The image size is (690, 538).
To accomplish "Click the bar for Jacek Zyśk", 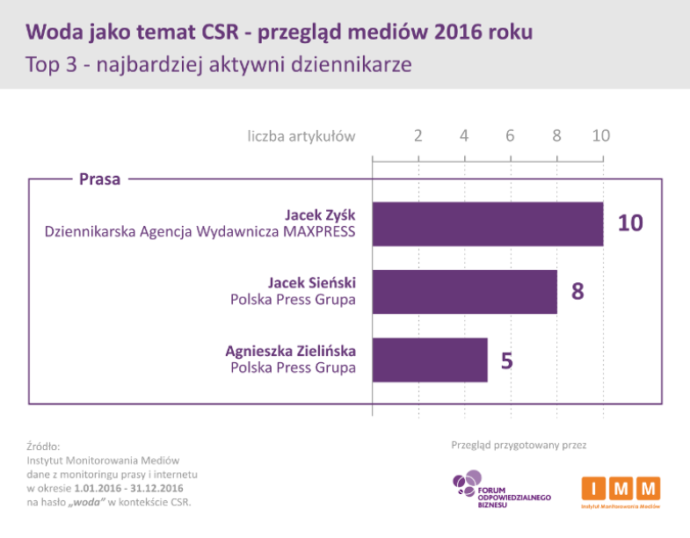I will pyautogui.click(x=488, y=224).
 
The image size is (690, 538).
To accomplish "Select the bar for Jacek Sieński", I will pyautogui.click(x=465, y=292).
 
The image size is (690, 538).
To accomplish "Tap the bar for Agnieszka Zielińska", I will pyautogui.click(x=430, y=360).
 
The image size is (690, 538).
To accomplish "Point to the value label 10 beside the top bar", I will pyautogui.click(x=630, y=223).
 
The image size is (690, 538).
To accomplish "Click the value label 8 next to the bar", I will pyautogui.click(x=577, y=292).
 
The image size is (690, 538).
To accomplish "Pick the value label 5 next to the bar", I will pyautogui.click(x=507, y=360).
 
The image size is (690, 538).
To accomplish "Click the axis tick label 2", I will pyautogui.click(x=418, y=136).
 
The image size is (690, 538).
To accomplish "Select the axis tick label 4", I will pyautogui.click(x=464, y=136).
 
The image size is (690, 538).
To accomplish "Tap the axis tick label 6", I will pyautogui.click(x=510, y=136).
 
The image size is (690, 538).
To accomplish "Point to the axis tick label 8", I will pyautogui.click(x=556, y=136).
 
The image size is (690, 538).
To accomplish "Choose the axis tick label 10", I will pyautogui.click(x=600, y=136).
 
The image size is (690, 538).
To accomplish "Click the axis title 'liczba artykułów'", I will pyautogui.click(x=301, y=136).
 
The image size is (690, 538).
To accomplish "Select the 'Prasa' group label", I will pyautogui.click(x=99, y=179).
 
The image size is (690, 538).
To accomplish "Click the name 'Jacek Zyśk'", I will pyautogui.click(x=321, y=214).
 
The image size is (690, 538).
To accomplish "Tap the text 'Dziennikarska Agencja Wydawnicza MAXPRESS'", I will pyautogui.click(x=200, y=233).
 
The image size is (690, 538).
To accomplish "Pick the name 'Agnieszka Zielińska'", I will pyautogui.click(x=291, y=350).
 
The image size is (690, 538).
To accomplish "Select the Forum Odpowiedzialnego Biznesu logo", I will pyautogui.click(x=501, y=492).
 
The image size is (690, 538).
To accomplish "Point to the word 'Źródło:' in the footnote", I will pyautogui.click(x=43, y=447).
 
